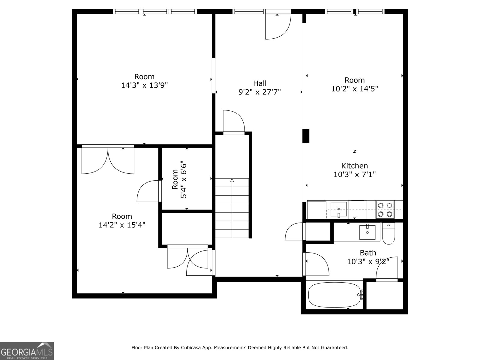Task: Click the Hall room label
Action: point(259,83)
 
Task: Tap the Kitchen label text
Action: point(354,166)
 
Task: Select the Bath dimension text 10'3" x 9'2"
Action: point(368,262)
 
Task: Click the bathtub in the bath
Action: point(335,295)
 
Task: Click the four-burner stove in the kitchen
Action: point(385,210)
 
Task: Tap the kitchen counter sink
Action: point(339,209)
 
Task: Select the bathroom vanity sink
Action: point(367,232)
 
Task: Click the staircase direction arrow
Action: point(232,180)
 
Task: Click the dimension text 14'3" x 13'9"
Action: point(144,85)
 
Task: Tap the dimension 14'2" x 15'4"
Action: point(122,225)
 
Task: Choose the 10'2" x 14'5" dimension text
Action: point(354,89)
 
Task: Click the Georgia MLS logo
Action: point(27,351)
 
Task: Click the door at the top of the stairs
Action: point(234,121)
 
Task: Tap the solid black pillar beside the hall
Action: point(306,136)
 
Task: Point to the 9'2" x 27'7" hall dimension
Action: point(259,92)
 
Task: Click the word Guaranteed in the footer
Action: point(334,348)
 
